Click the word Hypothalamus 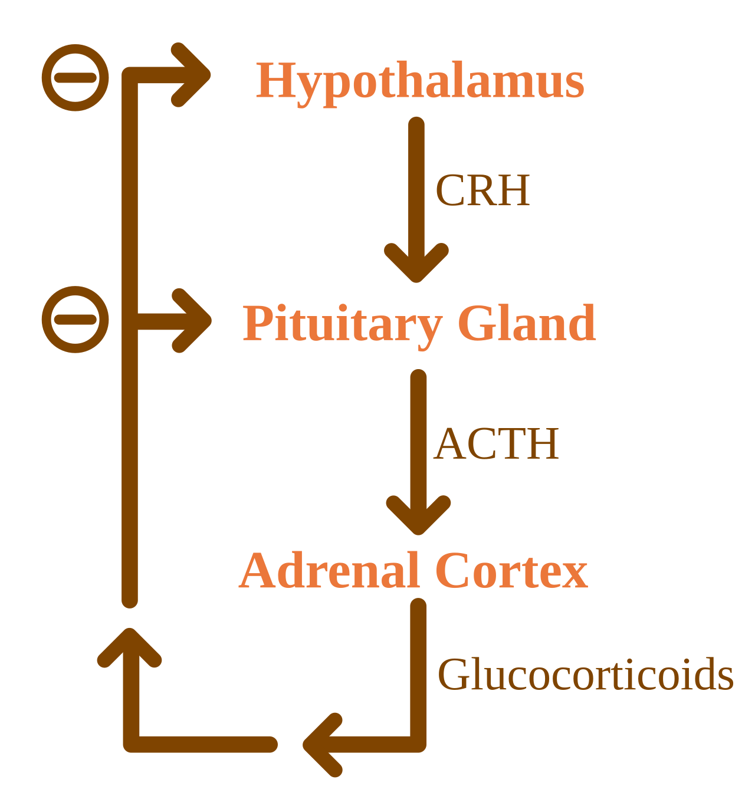tap(419, 84)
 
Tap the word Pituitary tap(342, 326)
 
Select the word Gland tap(527, 323)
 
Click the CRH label tap(482, 190)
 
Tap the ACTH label tap(496, 443)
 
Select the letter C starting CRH tap(449, 190)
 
